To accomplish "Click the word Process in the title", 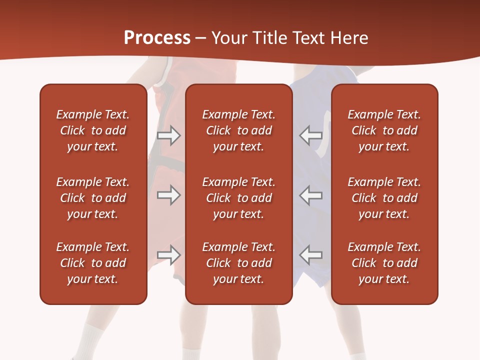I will point(157,38).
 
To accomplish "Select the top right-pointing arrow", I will point(169,135).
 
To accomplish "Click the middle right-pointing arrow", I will point(169,195).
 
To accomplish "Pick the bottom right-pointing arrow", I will point(169,255).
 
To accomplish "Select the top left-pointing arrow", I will point(310,135).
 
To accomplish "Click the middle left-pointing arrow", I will point(310,195).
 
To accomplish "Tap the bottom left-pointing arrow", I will point(310,255).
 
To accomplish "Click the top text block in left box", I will point(93,130).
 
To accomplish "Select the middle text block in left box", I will point(93,198).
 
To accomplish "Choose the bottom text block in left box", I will point(93,263).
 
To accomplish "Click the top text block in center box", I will point(238,130).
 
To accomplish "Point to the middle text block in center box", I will point(238,198).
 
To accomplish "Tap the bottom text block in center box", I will point(238,263).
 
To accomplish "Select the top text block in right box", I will point(384,130).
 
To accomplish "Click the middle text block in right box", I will point(384,198).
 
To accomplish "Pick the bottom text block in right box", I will point(384,263).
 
